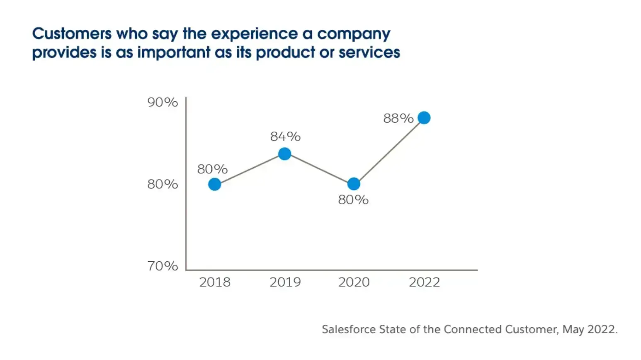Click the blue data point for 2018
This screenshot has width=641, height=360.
coord(214,184)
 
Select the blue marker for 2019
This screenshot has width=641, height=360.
coord(284,154)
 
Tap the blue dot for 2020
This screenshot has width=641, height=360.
coord(354,184)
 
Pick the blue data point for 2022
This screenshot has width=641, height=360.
coord(424,118)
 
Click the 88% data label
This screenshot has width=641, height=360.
coord(398,119)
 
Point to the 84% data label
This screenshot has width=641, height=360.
coord(285,136)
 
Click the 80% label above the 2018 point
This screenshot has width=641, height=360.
coord(212,169)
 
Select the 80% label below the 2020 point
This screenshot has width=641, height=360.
coord(353,200)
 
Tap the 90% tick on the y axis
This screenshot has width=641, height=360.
coord(163,102)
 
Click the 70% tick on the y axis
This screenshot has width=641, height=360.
coord(163,266)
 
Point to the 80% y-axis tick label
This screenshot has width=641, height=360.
coord(163,184)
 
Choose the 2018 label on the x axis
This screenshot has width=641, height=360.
coord(215,282)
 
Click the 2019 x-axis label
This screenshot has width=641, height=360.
coord(285,282)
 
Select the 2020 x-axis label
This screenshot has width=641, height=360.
coord(354,282)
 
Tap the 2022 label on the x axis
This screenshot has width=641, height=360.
coord(424,282)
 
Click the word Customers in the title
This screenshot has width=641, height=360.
coord(72,34)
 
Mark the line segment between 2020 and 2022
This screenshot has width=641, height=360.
coord(389,151)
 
